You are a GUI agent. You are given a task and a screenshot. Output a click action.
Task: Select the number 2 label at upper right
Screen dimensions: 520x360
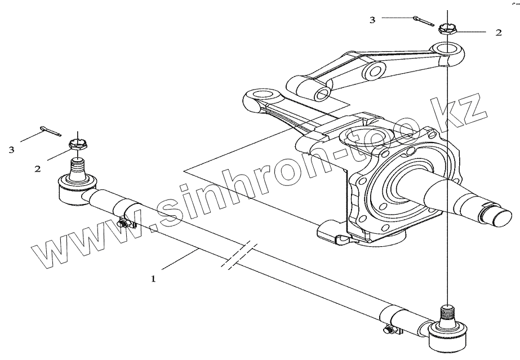pyautogui.click(x=498, y=33)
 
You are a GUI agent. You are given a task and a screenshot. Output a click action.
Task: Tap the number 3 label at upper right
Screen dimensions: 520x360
pyautogui.click(x=372, y=20)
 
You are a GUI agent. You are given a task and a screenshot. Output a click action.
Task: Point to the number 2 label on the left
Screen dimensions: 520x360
pyautogui.click(x=37, y=168)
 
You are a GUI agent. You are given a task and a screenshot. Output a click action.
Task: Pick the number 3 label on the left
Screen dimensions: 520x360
pyautogui.click(x=11, y=149)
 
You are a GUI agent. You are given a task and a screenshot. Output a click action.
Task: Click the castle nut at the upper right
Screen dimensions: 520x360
pyautogui.click(x=447, y=29)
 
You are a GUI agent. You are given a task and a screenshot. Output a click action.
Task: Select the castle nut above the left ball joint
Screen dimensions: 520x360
pyautogui.click(x=77, y=144)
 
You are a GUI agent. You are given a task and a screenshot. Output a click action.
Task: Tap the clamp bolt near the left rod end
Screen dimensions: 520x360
pyautogui.click(x=123, y=224)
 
